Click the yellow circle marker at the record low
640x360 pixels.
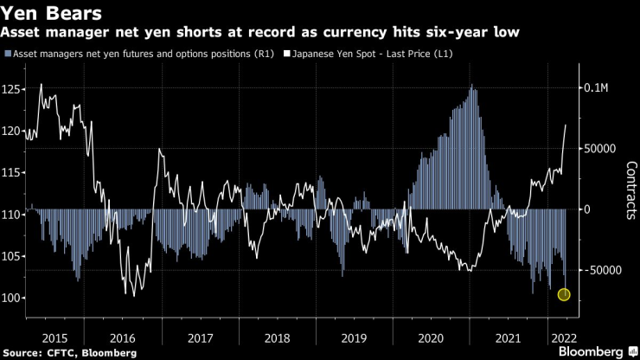564,295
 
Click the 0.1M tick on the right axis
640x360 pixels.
596,88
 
